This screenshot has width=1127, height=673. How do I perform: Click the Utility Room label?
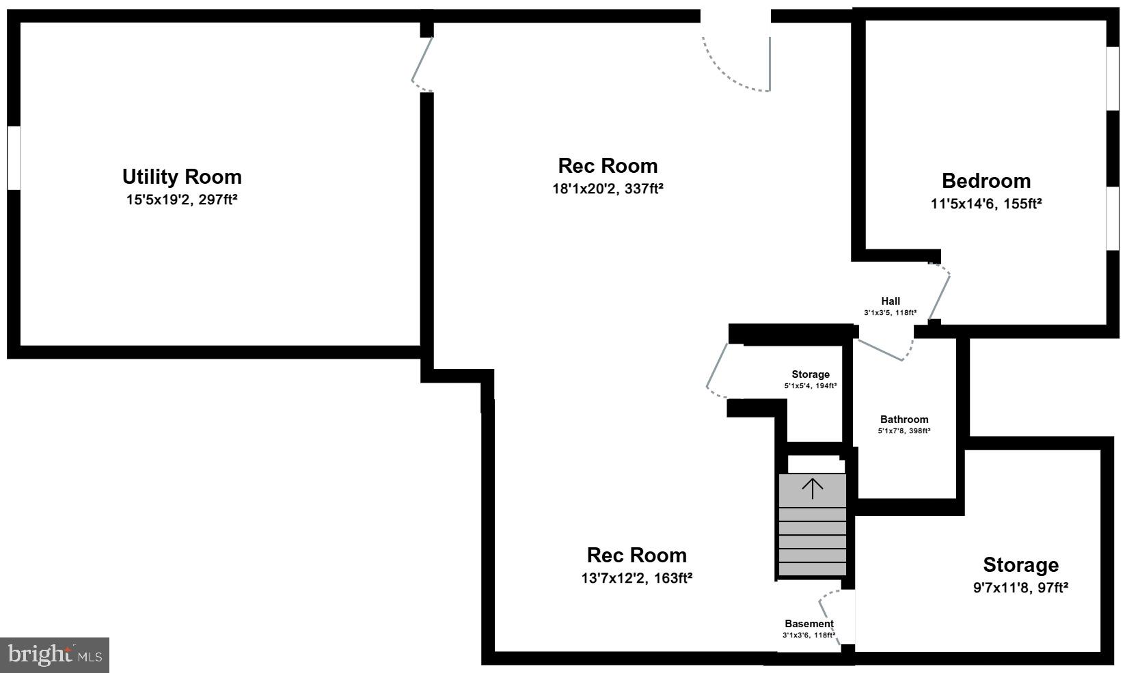tap(182, 177)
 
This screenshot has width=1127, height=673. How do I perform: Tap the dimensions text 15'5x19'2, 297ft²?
tap(182, 200)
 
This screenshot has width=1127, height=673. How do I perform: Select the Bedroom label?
tap(986, 181)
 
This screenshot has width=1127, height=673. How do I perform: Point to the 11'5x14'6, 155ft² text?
tap(986, 204)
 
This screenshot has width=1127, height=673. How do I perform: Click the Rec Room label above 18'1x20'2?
tap(608, 166)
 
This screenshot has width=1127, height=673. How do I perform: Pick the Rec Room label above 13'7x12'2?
tap(636, 555)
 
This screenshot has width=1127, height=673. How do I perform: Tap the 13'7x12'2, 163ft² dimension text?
tap(636, 578)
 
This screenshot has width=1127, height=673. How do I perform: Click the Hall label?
tap(890, 301)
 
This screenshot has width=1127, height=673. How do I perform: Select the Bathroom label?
tap(904, 420)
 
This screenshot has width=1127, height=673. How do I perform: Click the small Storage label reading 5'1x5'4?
tap(811, 374)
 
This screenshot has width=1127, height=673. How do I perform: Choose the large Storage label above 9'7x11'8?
tap(1020, 565)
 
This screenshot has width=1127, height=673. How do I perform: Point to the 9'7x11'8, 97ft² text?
tap(1020, 588)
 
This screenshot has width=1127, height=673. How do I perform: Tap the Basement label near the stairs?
tap(809, 624)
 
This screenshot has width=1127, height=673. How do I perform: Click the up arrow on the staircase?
tap(812, 488)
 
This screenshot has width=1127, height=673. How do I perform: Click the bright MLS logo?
tap(55, 655)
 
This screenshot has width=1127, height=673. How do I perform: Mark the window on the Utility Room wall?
tap(14, 157)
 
